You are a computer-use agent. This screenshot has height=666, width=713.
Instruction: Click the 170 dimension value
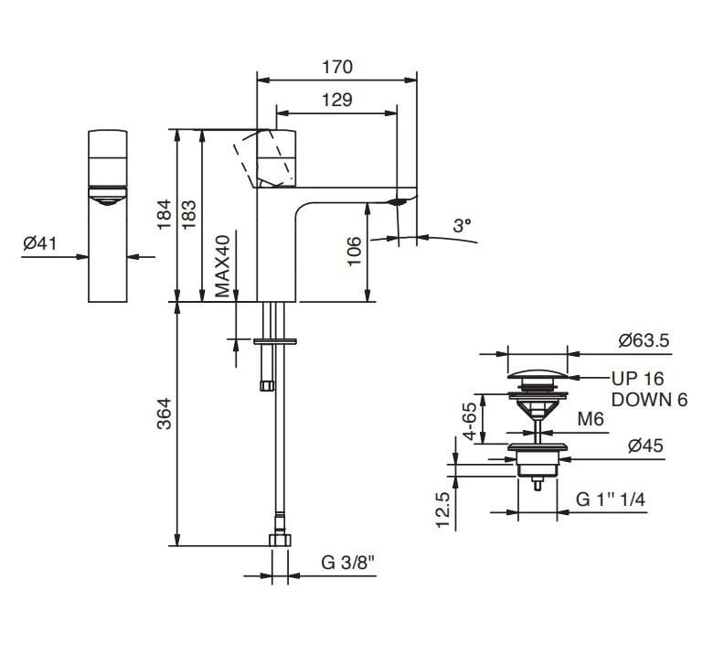[x=337, y=67]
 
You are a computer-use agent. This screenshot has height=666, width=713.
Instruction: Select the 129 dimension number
[x=337, y=100]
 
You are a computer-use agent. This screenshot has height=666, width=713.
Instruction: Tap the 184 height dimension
[x=164, y=215]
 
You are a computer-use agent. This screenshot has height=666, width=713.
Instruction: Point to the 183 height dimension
[x=188, y=215]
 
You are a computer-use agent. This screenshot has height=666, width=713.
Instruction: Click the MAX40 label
[x=222, y=266]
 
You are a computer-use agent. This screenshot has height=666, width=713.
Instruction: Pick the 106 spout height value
[x=354, y=252]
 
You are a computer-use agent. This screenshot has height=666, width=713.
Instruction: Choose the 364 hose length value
[x=164, y=414]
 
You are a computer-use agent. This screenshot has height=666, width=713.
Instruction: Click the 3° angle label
[x=462, y=225]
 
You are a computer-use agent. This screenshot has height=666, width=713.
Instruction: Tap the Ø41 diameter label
[x=40, y=243]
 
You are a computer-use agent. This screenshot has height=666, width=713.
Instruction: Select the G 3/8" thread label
[x=347, y=563]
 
